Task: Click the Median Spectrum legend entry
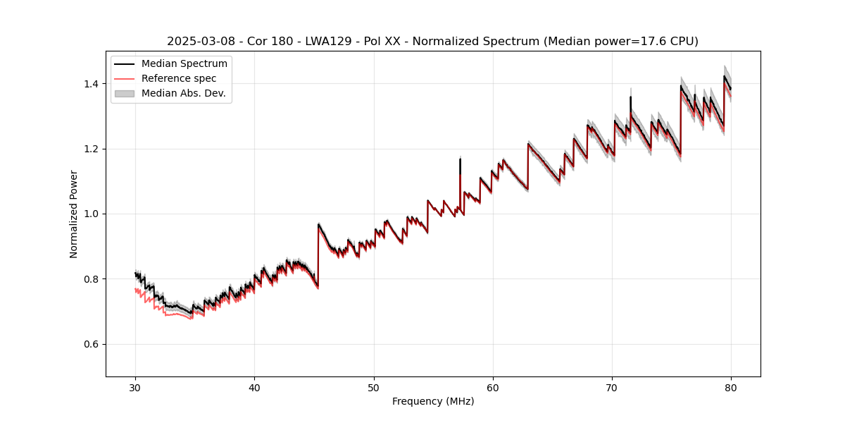coord(184,64)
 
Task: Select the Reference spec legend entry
coord(179,78)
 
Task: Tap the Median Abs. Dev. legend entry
coord(183,93)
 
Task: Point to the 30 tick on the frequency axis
coord(136,387)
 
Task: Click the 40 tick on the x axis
coord(255,387)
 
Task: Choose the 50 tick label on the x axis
coord(374,387)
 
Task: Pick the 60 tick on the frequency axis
coord(493,387)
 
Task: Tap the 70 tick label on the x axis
coord(612,387)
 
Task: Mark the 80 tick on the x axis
coord(731,387)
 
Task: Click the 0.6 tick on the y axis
coord(92,344)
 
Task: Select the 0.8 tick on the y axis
coord(92,279)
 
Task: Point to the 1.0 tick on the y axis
coord(92,214)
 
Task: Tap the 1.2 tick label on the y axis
coord(92,149)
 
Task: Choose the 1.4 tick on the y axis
coord(92,84)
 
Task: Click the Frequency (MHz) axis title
coord(433,401)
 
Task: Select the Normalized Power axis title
coord(74,214)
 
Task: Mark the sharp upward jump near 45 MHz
coord(318,254)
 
